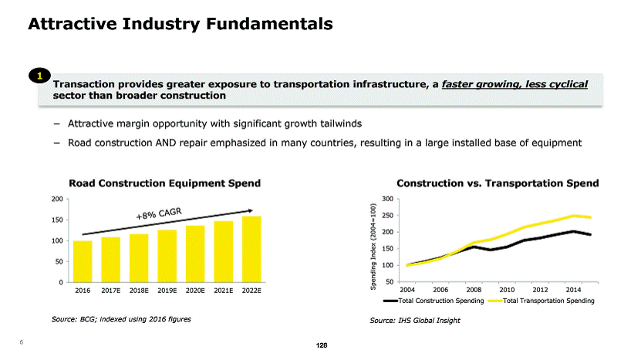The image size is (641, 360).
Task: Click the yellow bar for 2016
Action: pyautogui.click(x=83, y=262)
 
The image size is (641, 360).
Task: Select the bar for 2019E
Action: pyautogui.click(x=167, y=257)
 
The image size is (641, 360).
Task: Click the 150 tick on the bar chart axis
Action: pyautogui.click(x=57, y=220)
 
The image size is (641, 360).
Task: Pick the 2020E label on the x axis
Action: pyautogui.click(x=195, y=291)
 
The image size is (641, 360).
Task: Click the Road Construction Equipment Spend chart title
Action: pyautogui.click(x=164, y=183)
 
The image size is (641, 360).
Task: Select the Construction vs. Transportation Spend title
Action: pyautogui.click(x=498, y=183)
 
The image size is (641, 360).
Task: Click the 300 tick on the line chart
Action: pyautogui.click(x=389, y=199)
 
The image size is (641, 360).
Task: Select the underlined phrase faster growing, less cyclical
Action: pyautogui.click(x=514, y=83)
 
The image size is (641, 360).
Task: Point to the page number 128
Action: pyautogui.click(x=322, y=346)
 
